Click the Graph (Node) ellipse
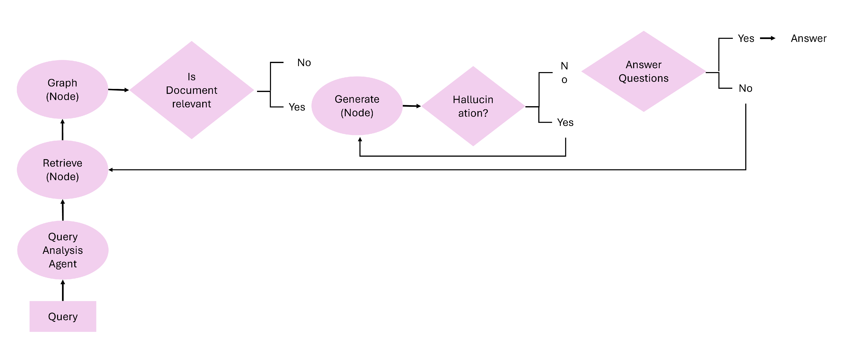tap(62, 90)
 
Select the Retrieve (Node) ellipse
tap(62, 170)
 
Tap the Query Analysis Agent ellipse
tap(63, 250)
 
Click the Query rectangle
tap(63, 316)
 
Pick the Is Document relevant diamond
tap(192, 90)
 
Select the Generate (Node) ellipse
tap(357, 106)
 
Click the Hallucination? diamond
tap(473, 106)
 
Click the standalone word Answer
tap(808, 38)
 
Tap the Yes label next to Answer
tap(746, 38)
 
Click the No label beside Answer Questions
tap(745, 88)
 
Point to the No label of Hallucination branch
tap(564, 73)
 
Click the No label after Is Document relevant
tap(304, 62)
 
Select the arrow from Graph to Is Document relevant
tap(118, 90)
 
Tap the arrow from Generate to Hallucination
tap(412, 106)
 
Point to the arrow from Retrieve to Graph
tap(62, 130)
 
